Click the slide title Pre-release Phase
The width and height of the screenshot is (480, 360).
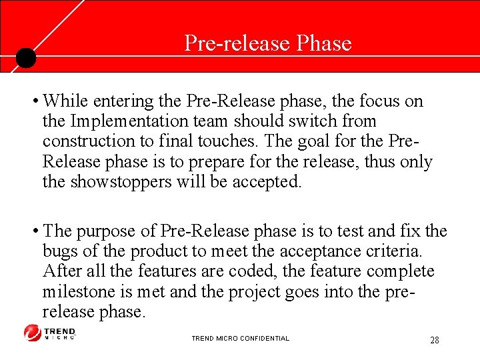pyautogui.click(x=267, y=43)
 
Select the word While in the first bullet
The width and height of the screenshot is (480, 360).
pyautogui.click(x=67, y=101)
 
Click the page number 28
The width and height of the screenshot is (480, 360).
pyautogui.click(x=434, y=341)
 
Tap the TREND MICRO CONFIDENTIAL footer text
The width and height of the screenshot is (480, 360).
pyautogui.click(x=240, y=339)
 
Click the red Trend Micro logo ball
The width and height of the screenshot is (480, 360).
pyautogui.click(x=32, y=333)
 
